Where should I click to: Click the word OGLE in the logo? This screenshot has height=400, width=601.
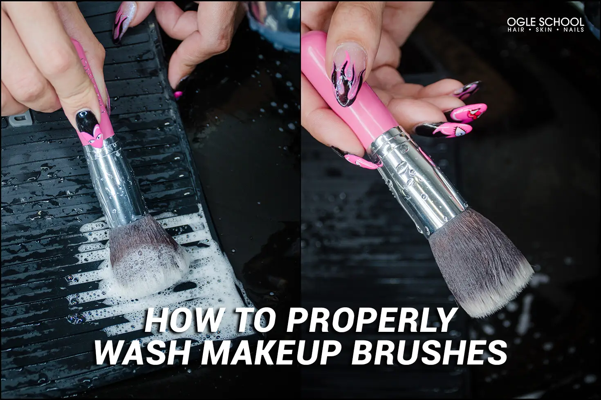click(x=521, y=22)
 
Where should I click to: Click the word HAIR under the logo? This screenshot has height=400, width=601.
click(x=516, y=30)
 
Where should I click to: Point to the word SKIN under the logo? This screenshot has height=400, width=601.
click(x=544, y=30)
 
